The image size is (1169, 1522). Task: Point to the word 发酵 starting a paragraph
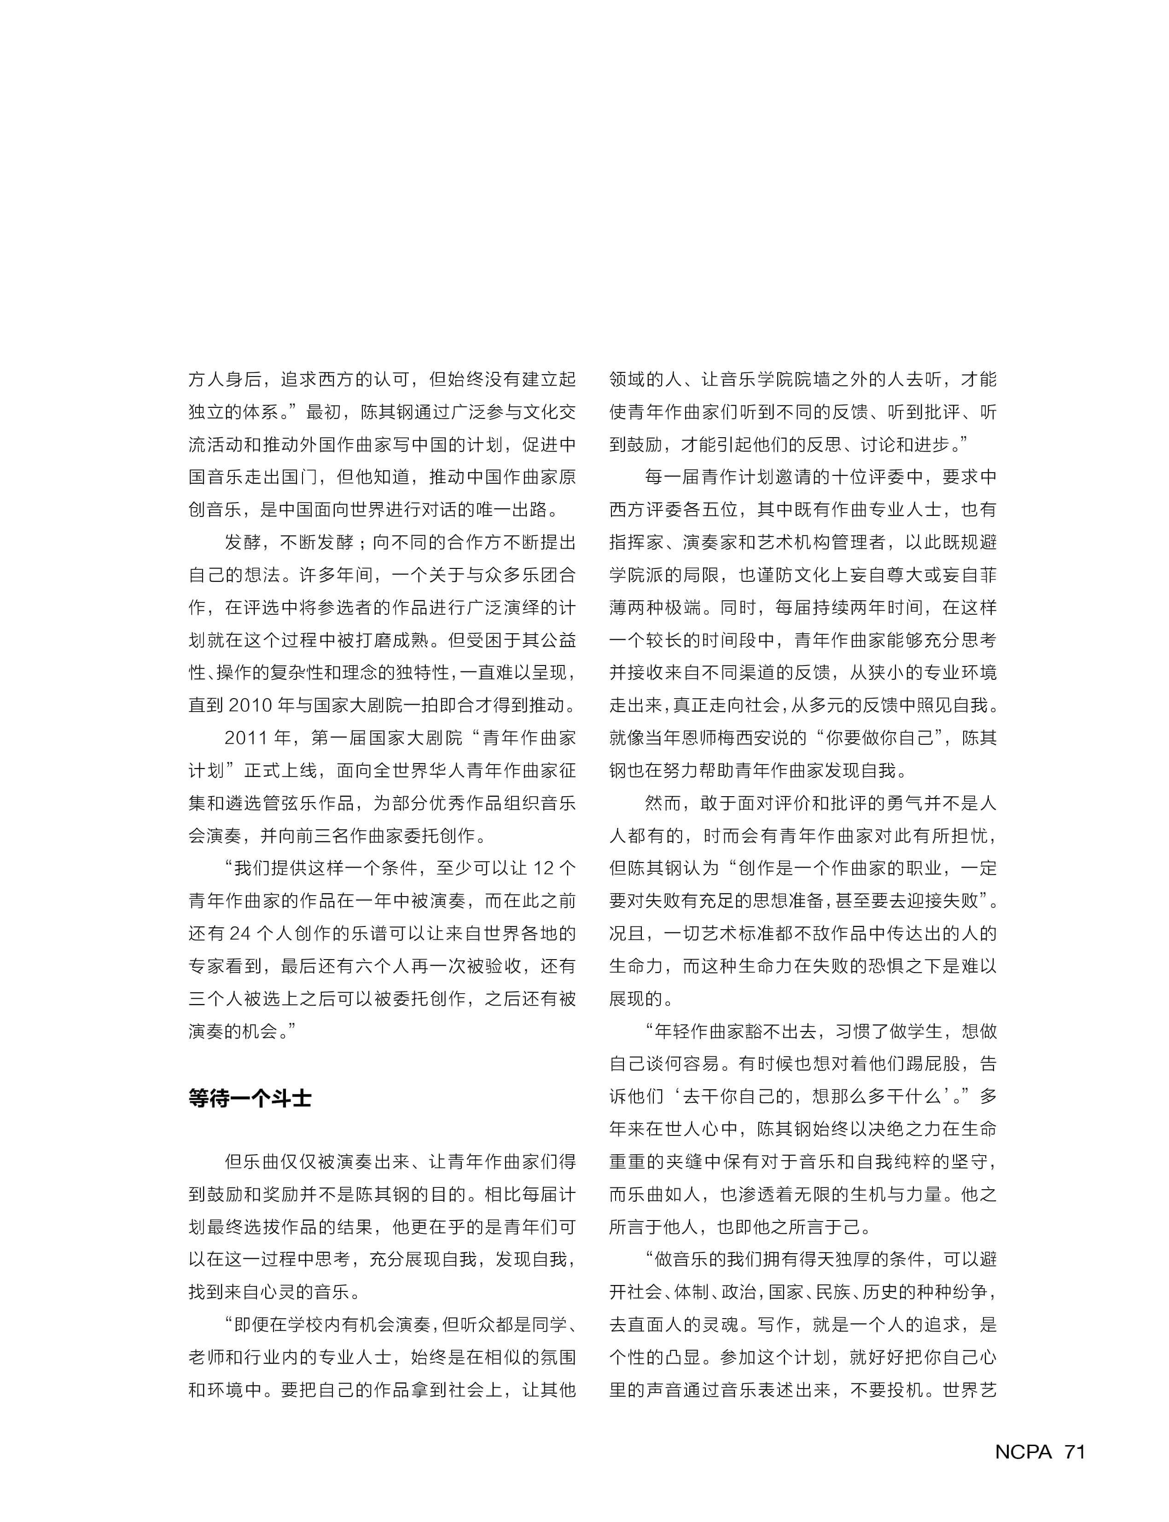point(242,542)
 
